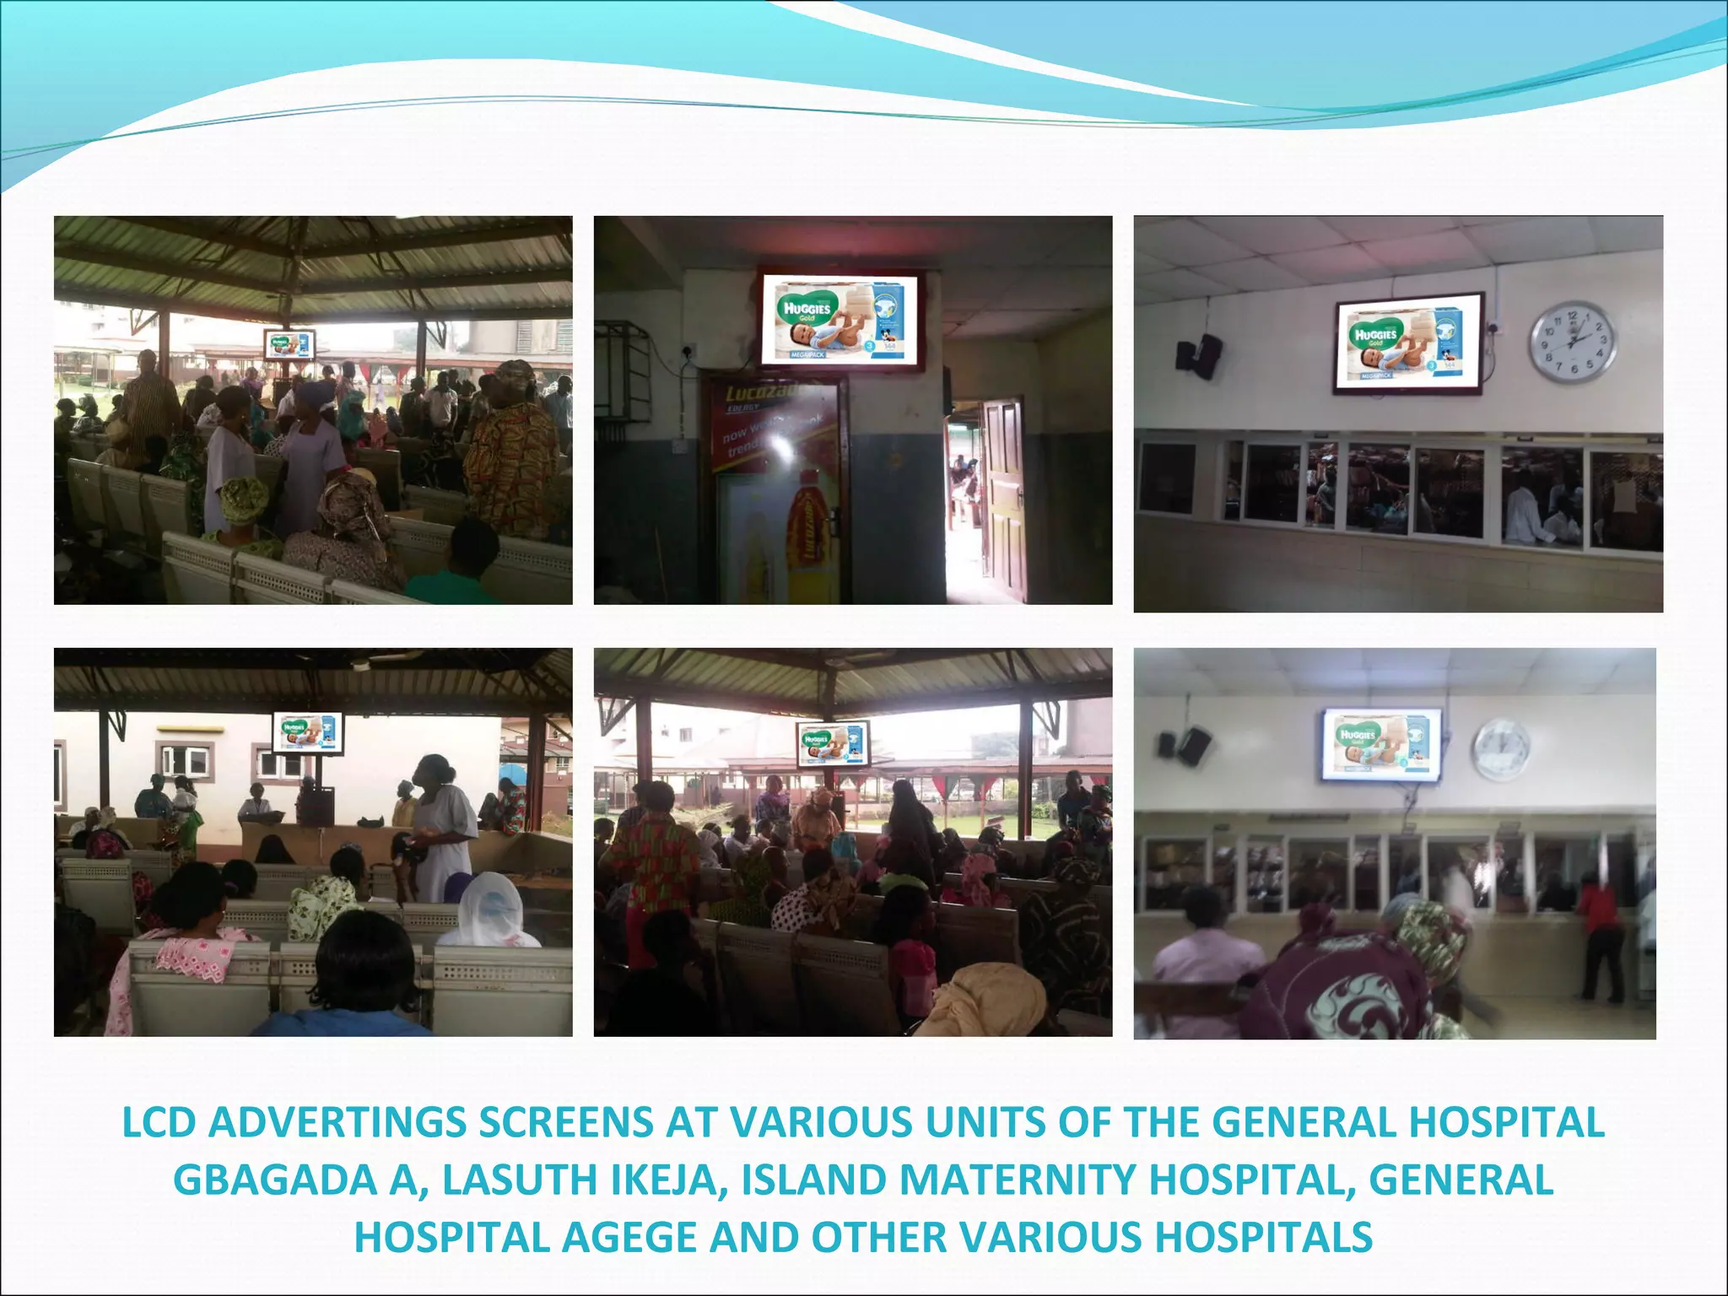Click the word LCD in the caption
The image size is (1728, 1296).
point(159,1122)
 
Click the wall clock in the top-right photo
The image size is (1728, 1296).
point(1573,343)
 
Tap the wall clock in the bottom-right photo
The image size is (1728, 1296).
point(1501,749)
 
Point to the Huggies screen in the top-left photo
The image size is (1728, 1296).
point(289,345)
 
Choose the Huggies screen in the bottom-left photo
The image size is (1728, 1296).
point(308,732)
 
